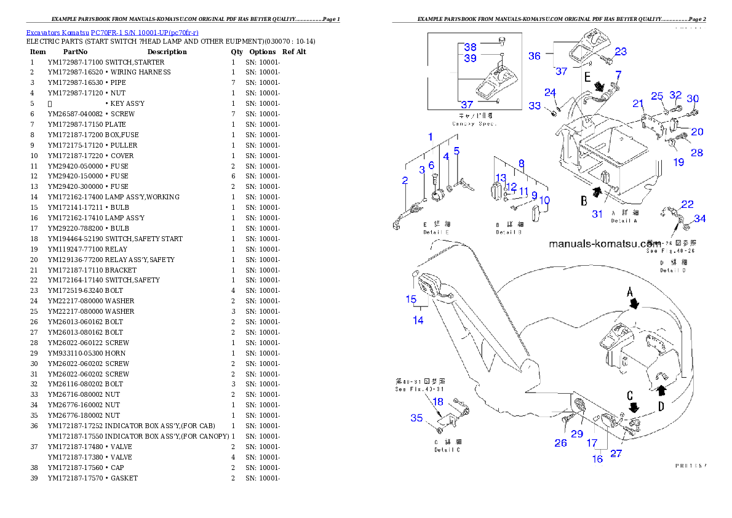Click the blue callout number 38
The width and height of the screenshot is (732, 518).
470,47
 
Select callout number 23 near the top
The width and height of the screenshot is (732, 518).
620,52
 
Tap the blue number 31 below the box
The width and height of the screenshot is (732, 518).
597,214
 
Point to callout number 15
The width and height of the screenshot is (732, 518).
411,300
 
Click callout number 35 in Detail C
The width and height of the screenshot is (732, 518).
416,418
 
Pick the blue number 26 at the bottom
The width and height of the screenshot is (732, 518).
560,442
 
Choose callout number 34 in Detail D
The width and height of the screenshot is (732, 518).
700,218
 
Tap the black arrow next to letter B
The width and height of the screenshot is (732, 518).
597,193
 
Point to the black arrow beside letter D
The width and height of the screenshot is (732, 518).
661,389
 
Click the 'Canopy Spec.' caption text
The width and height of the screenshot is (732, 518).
474,124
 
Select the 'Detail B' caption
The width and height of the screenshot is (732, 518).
509,233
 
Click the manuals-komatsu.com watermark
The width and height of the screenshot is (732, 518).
603,244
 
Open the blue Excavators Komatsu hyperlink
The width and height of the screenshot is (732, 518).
111,33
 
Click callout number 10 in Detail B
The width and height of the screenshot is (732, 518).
544,201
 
